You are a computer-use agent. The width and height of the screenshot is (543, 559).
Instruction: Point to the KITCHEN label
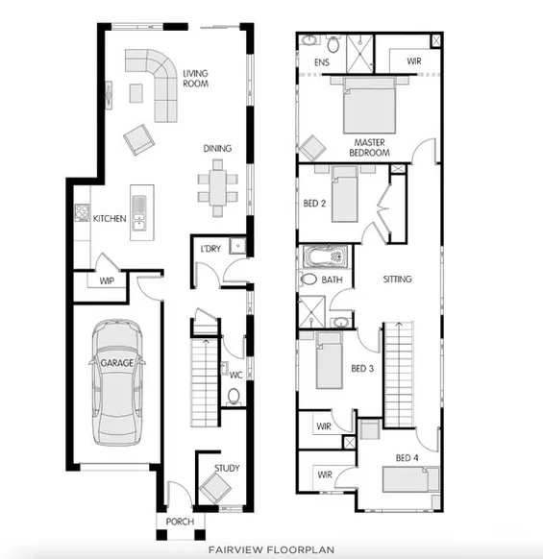[110, 219]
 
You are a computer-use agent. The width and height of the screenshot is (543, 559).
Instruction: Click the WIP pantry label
[108, 281]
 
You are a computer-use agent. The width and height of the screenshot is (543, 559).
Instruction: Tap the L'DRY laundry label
[211, 250]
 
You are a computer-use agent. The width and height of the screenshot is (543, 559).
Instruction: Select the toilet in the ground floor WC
[234, 397]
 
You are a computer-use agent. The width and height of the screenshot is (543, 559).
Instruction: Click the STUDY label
[227, 469]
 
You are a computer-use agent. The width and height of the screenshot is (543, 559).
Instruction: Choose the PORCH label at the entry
[180, 522]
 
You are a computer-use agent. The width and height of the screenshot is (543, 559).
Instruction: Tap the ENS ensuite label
[323, 64]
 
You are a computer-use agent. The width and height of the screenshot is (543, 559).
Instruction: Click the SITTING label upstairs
[397, 279]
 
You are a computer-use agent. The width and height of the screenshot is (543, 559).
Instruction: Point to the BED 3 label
[361, 369]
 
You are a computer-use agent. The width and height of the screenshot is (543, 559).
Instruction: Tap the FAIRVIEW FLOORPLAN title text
[271, 549]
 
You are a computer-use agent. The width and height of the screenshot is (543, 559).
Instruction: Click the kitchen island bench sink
[139, 206]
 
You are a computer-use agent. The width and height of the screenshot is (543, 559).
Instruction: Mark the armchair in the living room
[137, 140]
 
